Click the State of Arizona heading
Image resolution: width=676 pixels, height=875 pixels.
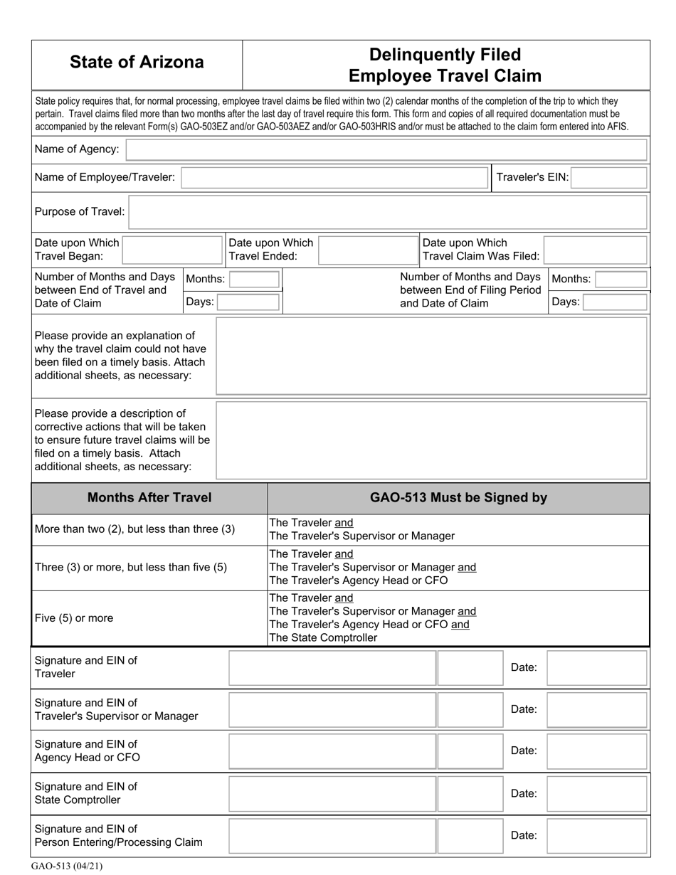[x=137, y=63]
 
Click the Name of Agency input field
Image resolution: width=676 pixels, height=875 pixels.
[x=386, y=150]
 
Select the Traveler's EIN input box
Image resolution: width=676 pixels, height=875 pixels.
[x=608, y=178]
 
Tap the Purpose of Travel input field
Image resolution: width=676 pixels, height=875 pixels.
[x=388, y=212]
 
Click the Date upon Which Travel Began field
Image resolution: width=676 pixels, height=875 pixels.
[x=172, y=250]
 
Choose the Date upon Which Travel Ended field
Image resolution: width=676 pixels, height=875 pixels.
[x=368, y=250]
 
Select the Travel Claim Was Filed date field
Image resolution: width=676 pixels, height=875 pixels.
[x=596, y=250]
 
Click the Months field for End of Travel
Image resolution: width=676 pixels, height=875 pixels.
[x=254, y=279]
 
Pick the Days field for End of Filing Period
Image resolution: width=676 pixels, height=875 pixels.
[x=615, y=302]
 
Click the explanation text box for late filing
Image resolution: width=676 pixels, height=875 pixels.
[x=431, y=356]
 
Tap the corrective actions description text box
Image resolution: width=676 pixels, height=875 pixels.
[x=431, y=440]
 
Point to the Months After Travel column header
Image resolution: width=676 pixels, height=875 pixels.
[x=149, y=498]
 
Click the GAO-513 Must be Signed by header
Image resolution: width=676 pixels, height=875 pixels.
[x=458, y=498]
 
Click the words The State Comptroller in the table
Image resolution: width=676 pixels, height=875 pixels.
[x=323, y=638]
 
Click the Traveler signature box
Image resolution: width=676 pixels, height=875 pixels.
[x=332, y=668]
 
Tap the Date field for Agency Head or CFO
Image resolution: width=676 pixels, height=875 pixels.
[x=596, y=751]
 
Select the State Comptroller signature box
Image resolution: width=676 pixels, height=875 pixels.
[x=332, y=794]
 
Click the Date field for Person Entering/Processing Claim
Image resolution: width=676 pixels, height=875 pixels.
[x=596, y=836]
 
